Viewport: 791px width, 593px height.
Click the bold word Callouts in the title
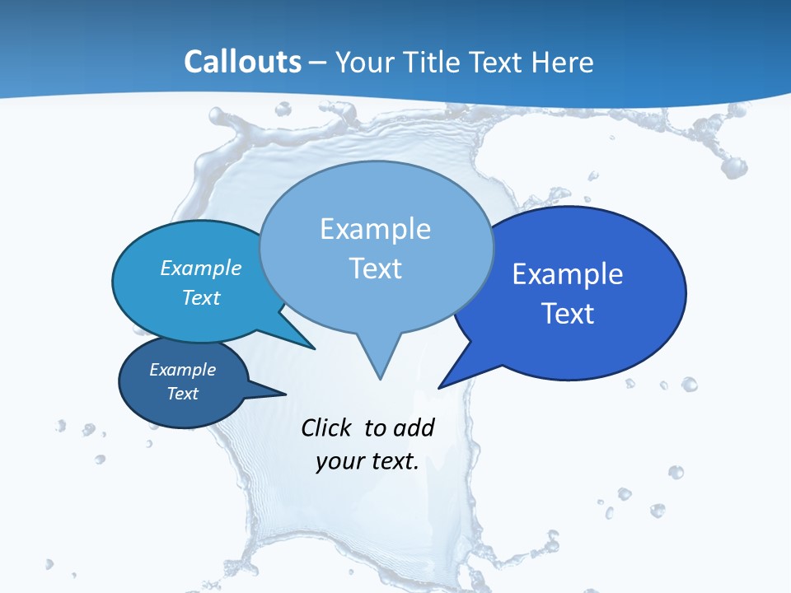(243, 62)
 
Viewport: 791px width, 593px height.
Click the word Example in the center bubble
(375, 229)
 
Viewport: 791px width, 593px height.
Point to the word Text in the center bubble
(375, 268)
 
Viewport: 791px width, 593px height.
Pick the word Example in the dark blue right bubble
(568, 274)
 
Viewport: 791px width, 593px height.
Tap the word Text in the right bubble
(568, 314)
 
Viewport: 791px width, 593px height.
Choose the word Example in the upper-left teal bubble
(201, 268)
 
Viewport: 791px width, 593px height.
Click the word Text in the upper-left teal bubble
(201, 297)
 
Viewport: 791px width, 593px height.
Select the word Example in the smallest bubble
(183, 370)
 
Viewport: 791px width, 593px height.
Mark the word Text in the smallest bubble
(183, 394)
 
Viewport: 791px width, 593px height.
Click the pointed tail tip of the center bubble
(380, 378)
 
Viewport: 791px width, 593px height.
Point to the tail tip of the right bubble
(439, 387)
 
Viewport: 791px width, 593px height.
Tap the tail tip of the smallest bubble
(285, 394)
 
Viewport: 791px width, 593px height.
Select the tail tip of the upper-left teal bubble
(314, 348)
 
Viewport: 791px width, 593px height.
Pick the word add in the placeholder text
(413, 427)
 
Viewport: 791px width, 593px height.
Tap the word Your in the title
(362, 62)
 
